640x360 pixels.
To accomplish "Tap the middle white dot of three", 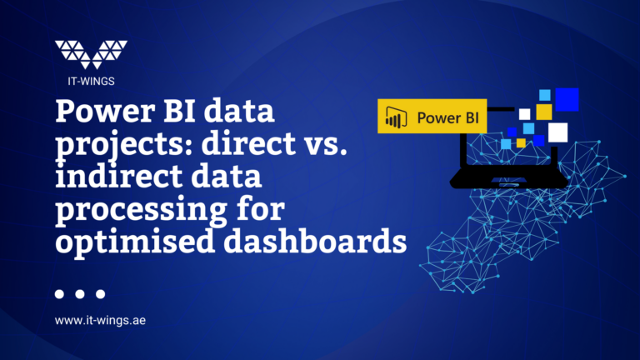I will pos(80,293).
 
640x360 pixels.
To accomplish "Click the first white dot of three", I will pos(59,293).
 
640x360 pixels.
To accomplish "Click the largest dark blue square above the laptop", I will pos(567,99).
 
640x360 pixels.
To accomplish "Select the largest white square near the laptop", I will pos(557,132).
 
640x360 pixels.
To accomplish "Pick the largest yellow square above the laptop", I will pos(544,111).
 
